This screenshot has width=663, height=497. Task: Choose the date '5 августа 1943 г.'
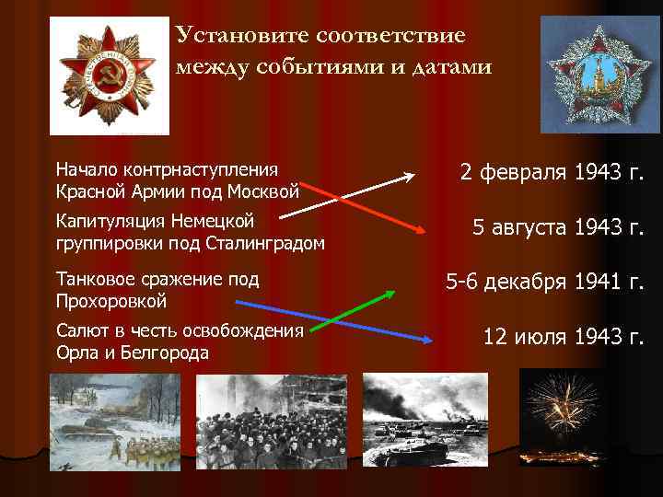557,228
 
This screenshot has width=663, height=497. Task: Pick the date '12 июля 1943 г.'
563,337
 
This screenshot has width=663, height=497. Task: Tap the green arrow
351,309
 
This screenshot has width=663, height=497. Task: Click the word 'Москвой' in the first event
268,191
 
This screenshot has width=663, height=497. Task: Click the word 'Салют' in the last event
80,330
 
